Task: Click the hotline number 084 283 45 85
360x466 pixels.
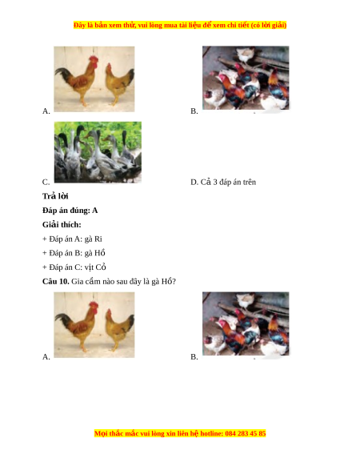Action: [x=246, y=433]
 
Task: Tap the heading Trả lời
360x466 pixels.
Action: [x=55, y=196]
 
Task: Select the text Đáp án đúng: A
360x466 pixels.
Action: [x=70, y=211]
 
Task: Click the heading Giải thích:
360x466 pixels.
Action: [x=62, y=225]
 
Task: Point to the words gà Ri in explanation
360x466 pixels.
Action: [x=94, y=239]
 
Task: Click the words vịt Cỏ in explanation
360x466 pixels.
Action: [x=95, y=267]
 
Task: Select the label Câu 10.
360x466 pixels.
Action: [x=55, y=282]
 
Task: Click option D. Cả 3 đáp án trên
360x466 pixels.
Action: [x=223, y=182]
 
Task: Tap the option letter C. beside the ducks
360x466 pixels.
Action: [x=46, y=182]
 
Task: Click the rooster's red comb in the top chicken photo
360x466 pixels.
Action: [x=94, y=60]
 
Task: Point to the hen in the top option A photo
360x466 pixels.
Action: [x=119, y=82]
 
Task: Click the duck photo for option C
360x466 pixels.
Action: [x=98, y=152]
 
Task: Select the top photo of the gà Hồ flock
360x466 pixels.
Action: [x=246, y=78]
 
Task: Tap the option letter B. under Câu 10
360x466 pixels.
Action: [x=194, y=356]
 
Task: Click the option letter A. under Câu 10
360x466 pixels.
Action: [x=46, y=356]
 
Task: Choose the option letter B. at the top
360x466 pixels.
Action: [x=194, y=110]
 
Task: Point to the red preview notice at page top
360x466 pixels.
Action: [x=180, y=25]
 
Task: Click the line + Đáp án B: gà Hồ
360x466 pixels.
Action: [x=74, y=253]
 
